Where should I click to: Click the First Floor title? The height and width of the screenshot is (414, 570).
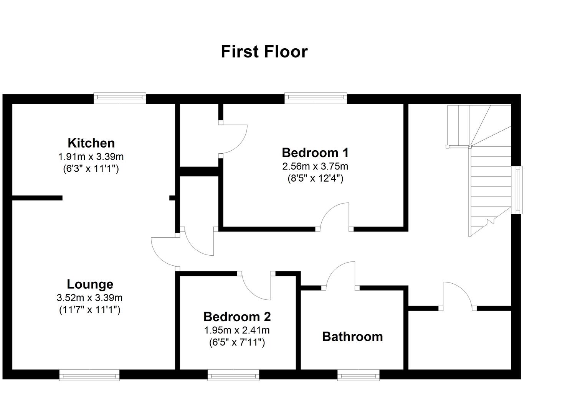click(264, 52)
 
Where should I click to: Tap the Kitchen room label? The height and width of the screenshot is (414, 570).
click(91, 143)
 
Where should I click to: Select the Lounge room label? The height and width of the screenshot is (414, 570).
click(90, 284)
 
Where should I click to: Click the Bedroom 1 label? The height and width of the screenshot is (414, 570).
click(315, 153)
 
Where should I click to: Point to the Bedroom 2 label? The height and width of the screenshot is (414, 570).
click(237, 317)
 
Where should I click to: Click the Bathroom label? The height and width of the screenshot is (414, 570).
click(352, 337)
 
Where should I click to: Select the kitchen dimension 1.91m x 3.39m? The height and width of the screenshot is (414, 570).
click(91, 156)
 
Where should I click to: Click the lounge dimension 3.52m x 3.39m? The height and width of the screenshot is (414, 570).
click(89, 297)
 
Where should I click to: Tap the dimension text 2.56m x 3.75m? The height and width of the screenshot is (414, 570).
click(315, 166)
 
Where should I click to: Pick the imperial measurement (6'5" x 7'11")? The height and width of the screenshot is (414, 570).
click(237, 342)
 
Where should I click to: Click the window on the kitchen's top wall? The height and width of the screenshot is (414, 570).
click(120, 98)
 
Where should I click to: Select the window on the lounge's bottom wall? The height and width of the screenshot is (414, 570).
click(89, 375)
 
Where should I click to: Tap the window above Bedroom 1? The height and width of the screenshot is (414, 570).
click(316, 98)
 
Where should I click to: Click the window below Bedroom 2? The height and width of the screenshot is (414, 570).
click(233, 375)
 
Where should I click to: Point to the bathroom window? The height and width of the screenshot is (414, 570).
click(359, 375)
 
